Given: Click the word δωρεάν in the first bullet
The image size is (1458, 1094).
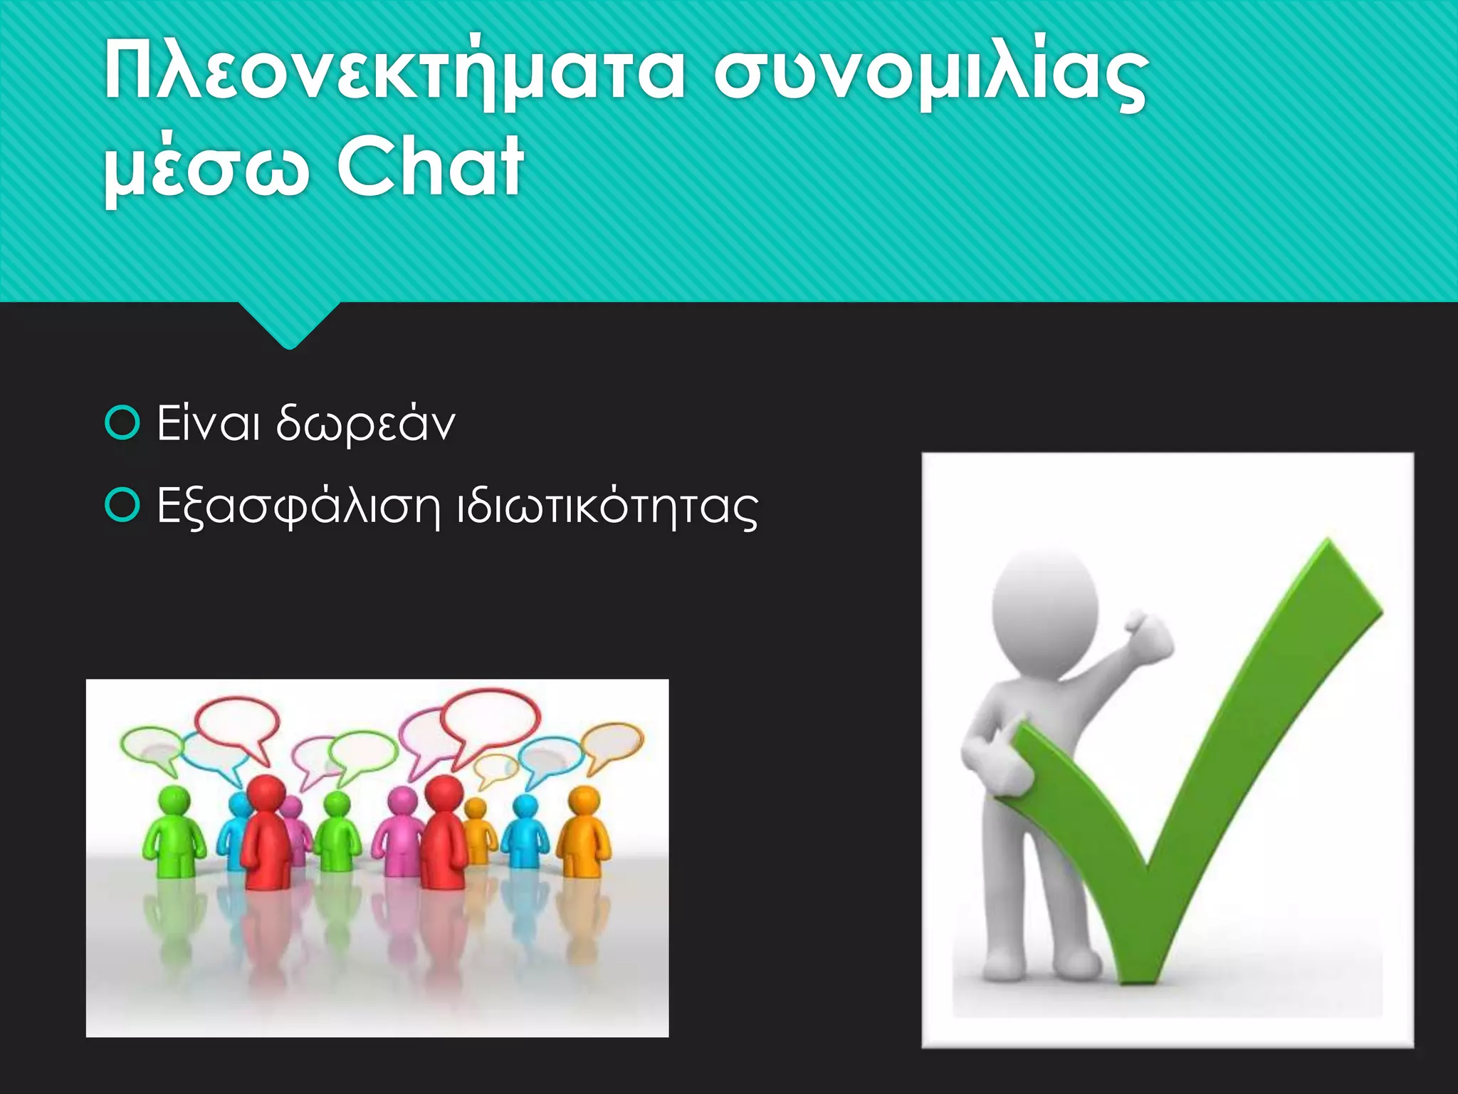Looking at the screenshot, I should [365, 424].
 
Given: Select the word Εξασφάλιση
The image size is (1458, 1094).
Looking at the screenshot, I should [298, 507].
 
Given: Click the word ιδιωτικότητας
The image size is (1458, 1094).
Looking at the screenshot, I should [607, 507].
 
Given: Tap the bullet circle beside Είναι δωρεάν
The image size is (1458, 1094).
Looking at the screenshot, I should [122, 423].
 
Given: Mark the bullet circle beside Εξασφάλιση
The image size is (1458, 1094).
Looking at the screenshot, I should [122, 506].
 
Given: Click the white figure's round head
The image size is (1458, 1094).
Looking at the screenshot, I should [1045, 605].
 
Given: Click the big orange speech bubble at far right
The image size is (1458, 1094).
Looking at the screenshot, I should [612, 743].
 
